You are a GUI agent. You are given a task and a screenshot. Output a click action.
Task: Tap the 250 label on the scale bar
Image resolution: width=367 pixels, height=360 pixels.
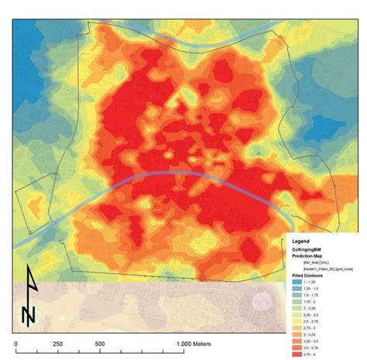tap(57, 344)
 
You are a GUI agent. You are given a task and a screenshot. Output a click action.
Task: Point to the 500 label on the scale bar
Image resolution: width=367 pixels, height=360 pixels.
tap(99, 344)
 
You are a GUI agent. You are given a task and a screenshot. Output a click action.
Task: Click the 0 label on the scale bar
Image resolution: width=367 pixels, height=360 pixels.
tap(15, 344)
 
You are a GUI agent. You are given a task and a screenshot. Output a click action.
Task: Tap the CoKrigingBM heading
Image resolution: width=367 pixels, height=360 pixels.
tap(308, 249)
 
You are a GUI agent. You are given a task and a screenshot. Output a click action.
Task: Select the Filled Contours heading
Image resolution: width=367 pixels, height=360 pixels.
tap(307, 276)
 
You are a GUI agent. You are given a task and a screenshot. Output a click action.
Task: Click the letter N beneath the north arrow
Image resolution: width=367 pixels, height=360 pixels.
tap(29, 314)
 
